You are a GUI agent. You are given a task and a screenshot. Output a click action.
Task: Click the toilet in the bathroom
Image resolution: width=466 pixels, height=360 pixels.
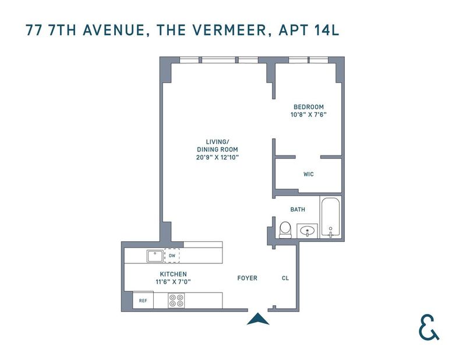(x=286, y=230)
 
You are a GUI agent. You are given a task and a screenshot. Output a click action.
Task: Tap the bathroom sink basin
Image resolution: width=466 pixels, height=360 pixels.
(x=307, y=231)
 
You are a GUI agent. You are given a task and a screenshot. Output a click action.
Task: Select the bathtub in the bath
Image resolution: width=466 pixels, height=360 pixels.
(x=330, y=217)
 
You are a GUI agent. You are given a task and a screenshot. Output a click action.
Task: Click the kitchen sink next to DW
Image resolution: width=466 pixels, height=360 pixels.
(x=155, y=256)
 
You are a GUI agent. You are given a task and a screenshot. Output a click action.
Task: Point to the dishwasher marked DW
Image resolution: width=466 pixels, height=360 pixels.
(x=172, y=256)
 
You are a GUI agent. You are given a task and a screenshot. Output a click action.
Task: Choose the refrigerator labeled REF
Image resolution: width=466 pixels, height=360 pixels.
(x=143, y=301)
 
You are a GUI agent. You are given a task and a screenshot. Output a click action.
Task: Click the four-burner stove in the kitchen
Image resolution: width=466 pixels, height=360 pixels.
(x=176, y=300)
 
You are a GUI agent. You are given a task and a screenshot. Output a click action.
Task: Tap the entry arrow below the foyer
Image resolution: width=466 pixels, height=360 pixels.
(x=258, y=319)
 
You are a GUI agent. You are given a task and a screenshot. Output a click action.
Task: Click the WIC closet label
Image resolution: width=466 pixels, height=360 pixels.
(x=309, y=174)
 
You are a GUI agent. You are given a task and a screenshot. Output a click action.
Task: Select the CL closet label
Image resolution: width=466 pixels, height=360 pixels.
(x=285, y=278)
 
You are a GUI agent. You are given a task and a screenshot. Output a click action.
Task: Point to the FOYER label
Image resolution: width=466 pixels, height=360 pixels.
(x=247, y=278)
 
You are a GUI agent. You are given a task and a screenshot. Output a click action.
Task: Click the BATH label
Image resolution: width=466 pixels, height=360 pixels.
(x=298, y=210)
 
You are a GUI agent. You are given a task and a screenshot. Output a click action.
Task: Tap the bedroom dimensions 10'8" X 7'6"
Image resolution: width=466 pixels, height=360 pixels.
(x=309, y=115)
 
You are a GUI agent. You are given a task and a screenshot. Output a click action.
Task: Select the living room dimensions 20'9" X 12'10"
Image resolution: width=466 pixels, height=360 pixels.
(x=217, y=157)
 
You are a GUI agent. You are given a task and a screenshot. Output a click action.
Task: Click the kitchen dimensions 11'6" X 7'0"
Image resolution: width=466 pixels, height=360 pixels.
(x=173, y=281)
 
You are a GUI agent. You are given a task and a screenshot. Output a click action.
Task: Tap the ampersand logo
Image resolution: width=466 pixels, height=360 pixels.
(x=429, y=327)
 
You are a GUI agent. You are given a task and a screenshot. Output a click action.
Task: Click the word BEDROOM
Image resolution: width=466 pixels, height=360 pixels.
(x=309, y=107)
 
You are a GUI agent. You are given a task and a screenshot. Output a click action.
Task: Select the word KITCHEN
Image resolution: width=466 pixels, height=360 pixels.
(x=173, y=274)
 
